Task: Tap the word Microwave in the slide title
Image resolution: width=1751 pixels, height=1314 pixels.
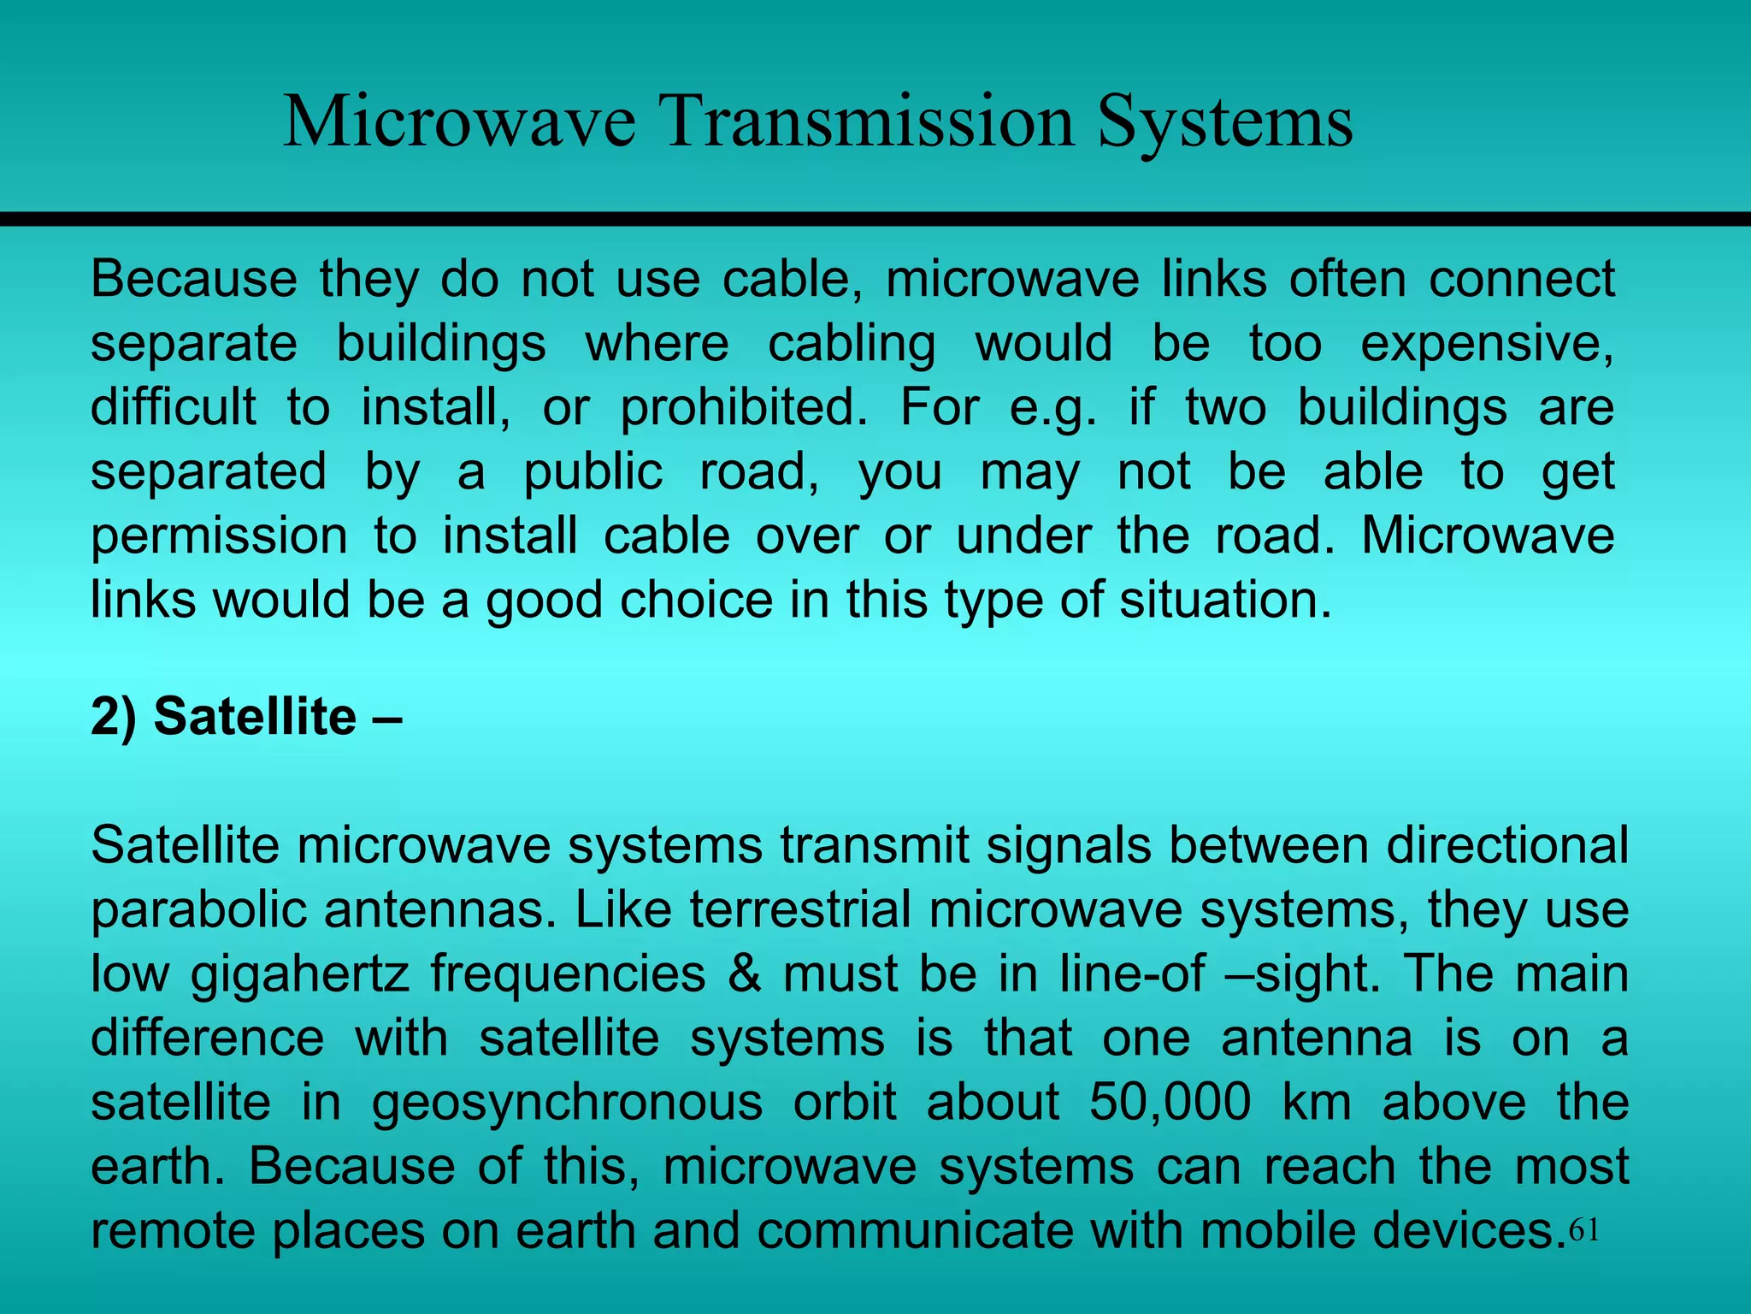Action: click(x=459, y=122)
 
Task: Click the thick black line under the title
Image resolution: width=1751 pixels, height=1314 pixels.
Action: click(x=875, y=220)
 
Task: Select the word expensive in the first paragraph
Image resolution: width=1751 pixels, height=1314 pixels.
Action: click(x=1487, y=344)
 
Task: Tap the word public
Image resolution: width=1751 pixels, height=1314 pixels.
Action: click(x=593, y=472)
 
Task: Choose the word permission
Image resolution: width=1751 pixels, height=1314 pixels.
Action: click(x=219, y=537)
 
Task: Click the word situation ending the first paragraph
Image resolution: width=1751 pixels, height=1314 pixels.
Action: click(x=1225, y=600)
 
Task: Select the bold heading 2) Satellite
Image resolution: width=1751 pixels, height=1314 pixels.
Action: click(x=245, y=717)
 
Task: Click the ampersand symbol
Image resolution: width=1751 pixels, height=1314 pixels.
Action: click(x=745, y=974)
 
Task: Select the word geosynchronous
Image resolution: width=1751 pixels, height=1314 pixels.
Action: click(x=567, y=1103)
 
